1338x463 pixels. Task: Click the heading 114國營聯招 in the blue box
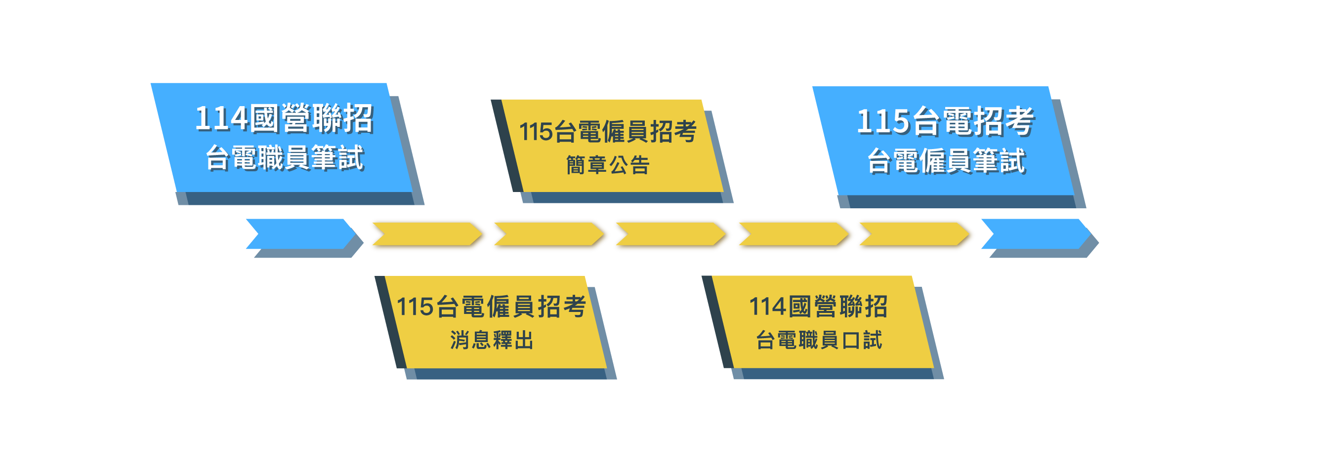coord(284,118)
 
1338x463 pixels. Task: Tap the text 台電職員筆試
coord(284,158)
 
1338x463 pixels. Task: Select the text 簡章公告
coord(608,165)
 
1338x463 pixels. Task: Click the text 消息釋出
coord(491,341)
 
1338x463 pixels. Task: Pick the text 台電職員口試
coord(819,341)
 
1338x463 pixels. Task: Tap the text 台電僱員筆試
coord(946,161)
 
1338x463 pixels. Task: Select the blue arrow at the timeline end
coord(1036,234)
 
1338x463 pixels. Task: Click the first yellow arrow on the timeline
coord(427,234)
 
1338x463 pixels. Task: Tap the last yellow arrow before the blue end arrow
coord(914,234)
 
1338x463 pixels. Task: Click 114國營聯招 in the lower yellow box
coord(818,306)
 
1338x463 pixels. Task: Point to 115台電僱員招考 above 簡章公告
coord(608,132)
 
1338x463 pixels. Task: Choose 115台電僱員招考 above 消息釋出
coord(491,306)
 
